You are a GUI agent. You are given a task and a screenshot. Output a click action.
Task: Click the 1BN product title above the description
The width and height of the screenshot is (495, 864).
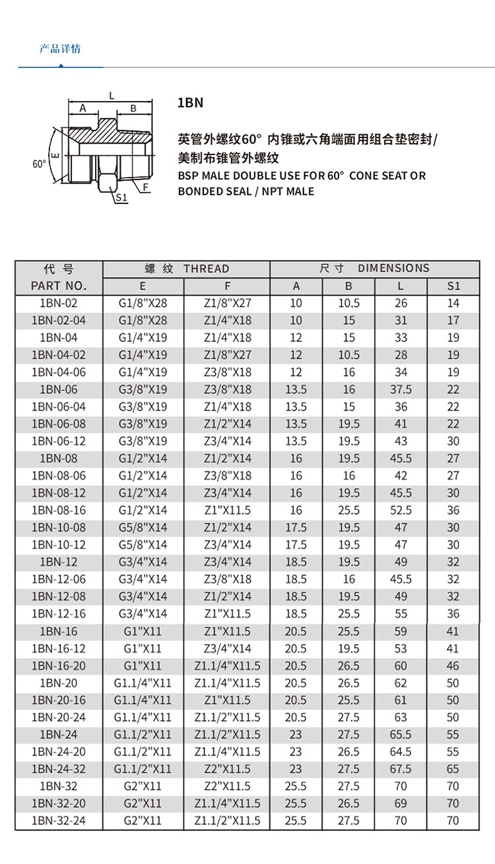click(191, 103)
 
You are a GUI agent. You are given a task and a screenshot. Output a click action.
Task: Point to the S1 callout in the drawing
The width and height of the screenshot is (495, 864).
click(121, 197)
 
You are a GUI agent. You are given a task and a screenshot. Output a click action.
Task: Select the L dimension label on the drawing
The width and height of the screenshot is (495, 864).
click(112, 96)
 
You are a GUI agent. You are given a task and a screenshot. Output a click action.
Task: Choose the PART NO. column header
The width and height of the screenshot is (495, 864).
click(59, 286)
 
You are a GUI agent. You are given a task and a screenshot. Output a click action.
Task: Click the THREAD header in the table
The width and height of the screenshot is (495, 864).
click(206, 269)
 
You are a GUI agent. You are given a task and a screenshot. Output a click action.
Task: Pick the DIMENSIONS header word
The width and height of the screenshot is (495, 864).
click(393, 268)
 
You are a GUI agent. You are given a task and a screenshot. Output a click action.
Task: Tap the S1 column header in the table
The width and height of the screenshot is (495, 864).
click(453, 286)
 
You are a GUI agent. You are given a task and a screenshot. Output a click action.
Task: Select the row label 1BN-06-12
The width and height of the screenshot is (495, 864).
click(59, 441)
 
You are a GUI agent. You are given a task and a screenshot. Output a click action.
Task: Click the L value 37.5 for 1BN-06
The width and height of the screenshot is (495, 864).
click(401, 389)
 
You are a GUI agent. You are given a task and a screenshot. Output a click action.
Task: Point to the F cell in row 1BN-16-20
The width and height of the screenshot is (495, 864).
click(227, 666)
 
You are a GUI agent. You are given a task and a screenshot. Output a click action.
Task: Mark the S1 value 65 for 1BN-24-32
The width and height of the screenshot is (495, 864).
click(453, 769)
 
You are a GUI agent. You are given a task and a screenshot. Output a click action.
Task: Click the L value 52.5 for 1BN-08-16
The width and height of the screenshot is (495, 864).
click(401, 510)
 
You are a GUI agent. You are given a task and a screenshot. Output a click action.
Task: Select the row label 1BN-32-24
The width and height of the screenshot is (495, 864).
click(59, 821)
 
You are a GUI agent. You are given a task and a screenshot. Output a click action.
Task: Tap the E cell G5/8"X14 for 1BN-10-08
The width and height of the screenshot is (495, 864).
click(143, 527)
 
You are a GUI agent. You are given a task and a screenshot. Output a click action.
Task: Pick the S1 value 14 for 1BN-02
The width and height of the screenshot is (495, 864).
click(453, 304)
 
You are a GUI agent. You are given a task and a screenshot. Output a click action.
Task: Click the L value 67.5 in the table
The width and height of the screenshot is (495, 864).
click(401, 769)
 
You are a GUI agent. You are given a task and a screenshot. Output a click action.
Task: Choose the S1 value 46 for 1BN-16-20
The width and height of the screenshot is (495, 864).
click(453, 666)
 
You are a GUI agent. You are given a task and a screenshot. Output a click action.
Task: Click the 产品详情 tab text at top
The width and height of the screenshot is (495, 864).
click(60, 49)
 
